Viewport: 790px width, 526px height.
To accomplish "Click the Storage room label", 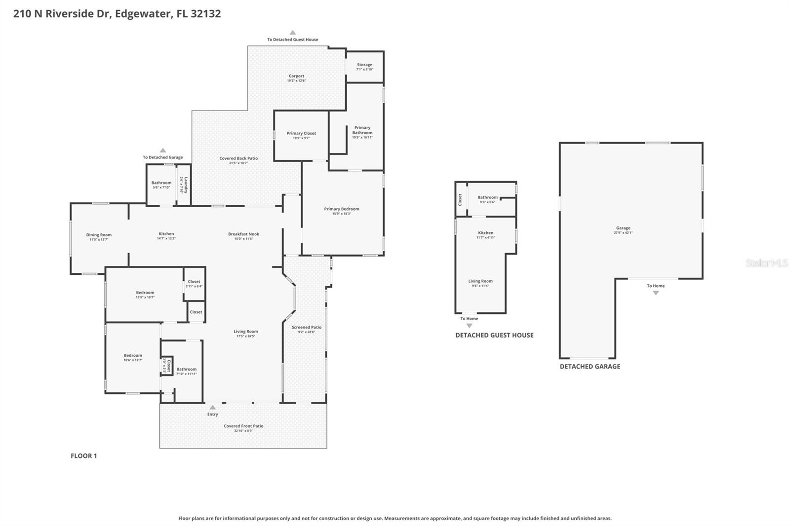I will (x=364, y=65).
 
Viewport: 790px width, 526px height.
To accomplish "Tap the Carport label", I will (x=296, y=76).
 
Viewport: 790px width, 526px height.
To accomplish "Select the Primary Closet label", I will (x=301, y=133).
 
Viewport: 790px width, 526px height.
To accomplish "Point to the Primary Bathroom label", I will (x=362, y=130).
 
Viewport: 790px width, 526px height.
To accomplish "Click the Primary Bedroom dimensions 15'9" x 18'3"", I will (x=341, y=214).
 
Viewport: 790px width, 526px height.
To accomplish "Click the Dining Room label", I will (x=99, y=235).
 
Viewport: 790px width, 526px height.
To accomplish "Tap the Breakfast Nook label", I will (x=243, y=234).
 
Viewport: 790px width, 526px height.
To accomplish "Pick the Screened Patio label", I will (x=306, y=327).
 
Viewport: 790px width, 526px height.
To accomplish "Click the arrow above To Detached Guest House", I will (x=292, y=33).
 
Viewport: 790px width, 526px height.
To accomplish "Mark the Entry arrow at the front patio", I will (x=212, y=408).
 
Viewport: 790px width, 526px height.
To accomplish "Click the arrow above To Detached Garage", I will (x=162, y=150).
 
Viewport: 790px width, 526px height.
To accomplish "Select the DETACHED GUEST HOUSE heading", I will (x=494, y=335).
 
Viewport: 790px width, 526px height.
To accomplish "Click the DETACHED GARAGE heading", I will (x=590, y=367).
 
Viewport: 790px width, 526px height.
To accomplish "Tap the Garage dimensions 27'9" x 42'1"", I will (x=623, y=232).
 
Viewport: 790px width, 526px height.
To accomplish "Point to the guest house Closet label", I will (x=460, y=199).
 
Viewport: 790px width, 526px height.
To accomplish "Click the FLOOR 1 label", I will (x=84, y=456).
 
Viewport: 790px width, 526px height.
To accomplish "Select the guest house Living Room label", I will (x=480, y=281).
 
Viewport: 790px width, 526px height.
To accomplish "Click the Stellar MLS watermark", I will (x=766, y=263).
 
